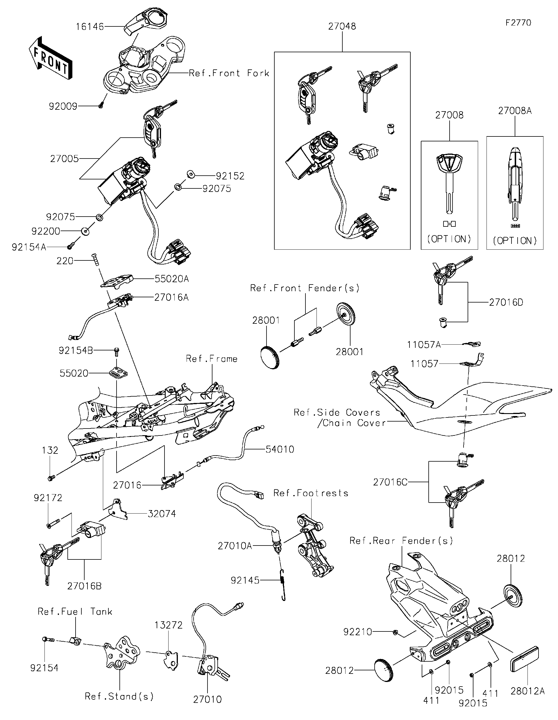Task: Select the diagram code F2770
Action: coord(518,23)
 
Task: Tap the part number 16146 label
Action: coord(90,26)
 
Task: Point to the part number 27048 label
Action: coord(342,26)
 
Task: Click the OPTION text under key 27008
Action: coord(449,239)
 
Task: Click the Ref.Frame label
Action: coord(212,359)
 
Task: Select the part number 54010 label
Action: coord(280,449)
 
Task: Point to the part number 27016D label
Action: coord(506,302)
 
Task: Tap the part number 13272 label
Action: coord(169,625)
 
